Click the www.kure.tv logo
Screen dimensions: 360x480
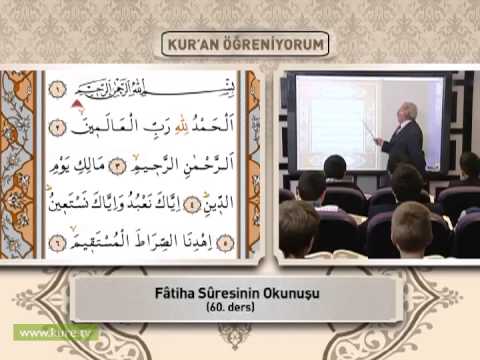(x=50, y=330)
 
